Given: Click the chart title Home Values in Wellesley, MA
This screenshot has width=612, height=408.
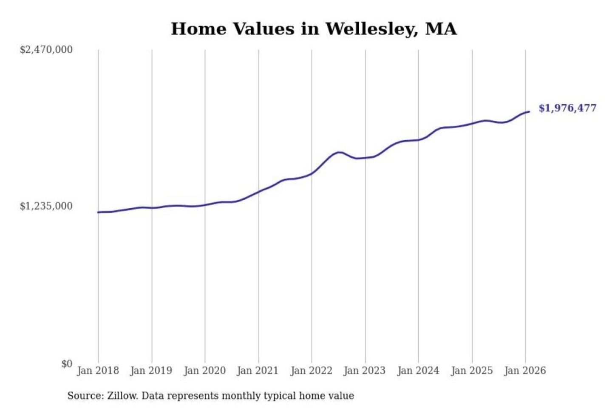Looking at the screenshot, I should (x=314, y=29).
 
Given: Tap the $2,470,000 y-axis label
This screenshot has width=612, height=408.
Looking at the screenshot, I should (x=46, y=50).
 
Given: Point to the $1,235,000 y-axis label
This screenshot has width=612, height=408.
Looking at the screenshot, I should (x=46, y=206).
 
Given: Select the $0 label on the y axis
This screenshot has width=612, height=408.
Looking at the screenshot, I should (x=67, y=364).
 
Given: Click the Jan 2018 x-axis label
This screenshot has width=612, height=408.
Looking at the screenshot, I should (x=98, y=371).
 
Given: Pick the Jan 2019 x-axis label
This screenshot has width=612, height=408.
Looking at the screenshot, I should (x=151, y=371).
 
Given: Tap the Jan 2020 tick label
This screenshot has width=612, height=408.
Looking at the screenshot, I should (x=204, y=371).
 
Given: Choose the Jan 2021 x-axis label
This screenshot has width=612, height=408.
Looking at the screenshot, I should (x=258, y=371).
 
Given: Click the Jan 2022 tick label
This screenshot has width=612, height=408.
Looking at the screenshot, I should (x=311, y=371).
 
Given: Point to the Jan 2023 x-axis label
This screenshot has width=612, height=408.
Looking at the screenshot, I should (x=364, y=371).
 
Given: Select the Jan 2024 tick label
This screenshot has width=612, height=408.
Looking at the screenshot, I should (x=418, y=371).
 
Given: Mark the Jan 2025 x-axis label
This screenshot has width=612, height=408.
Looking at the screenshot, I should (x=471, y=371).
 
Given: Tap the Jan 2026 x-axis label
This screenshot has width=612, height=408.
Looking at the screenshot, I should (x=524, y=371).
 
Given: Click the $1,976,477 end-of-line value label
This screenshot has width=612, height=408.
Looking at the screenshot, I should (x=567, y=108).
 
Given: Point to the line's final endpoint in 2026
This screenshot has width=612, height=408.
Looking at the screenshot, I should (x=529, y=112).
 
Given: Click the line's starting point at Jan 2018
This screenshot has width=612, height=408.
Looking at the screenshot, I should (x=98, y=212).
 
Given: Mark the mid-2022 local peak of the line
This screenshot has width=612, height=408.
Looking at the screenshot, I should (x=339, y=152).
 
